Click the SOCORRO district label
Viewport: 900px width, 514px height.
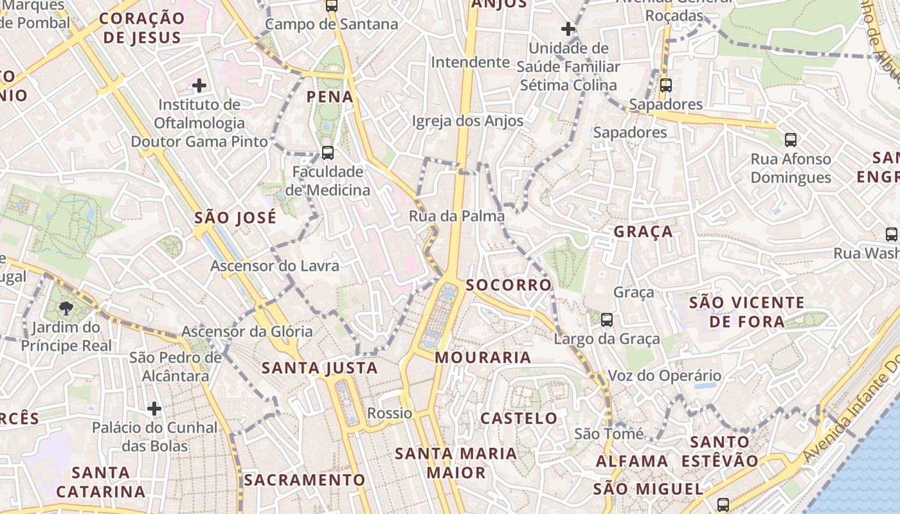[x=509, y=285]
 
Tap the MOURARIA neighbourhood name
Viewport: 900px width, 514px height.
[x=483, y=357]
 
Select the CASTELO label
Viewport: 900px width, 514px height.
[x=519, y=418]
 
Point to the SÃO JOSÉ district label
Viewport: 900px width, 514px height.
[x=235, y=217]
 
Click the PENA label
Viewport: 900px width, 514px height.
[x=330, y=97]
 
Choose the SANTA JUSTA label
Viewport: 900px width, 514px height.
[x=319, y=368]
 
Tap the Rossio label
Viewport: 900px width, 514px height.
[x=390, y=412]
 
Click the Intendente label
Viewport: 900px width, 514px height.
[x=470, y=62]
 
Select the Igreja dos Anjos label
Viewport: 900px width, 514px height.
[x=467, y=121]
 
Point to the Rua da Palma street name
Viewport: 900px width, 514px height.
[x=456, y=216]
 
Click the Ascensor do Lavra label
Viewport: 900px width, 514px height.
[x=274, y=265]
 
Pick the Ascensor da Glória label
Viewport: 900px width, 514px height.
[x=247, y=332]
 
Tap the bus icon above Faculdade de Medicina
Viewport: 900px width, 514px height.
[x=327, y=153]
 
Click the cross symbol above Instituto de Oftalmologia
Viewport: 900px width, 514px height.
[x=199, y=85]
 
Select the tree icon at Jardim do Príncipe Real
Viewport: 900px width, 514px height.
[x=66, y=309]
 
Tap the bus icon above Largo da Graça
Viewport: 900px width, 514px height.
[x=606, y=319]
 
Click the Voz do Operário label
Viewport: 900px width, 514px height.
[x=664, y=375]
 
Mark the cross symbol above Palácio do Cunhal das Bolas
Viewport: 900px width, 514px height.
[x=154, y=408]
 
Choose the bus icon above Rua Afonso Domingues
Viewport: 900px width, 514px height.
[x=791, y=139]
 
